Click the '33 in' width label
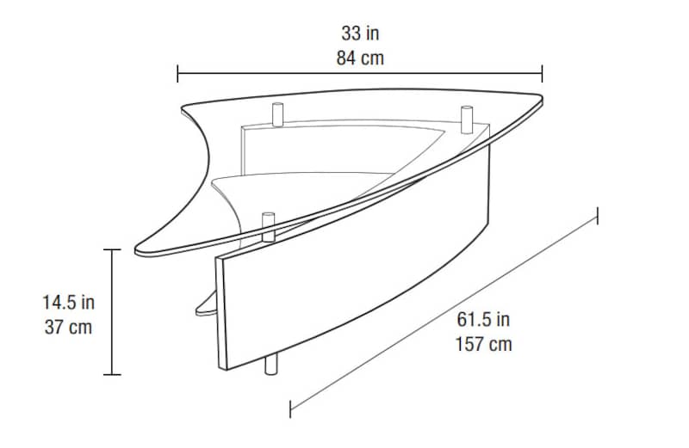coord(360,34)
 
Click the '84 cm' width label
coord(360,59)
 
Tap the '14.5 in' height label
coord(68,302)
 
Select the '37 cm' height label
coord(68,327)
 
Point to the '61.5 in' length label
coord(483,320)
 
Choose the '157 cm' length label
coord(483,345)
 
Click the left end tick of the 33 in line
coord(177,73)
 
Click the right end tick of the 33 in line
coord(543,73)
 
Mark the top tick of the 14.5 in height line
coord(112,249)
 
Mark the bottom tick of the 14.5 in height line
coord(112,374)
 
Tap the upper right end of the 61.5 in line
coord(597,215)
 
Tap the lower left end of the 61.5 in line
coord(290,408)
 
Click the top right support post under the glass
coord(467,119)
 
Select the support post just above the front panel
coord(269,226)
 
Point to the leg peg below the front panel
coord(272,365)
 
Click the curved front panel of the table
coord(344,284)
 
